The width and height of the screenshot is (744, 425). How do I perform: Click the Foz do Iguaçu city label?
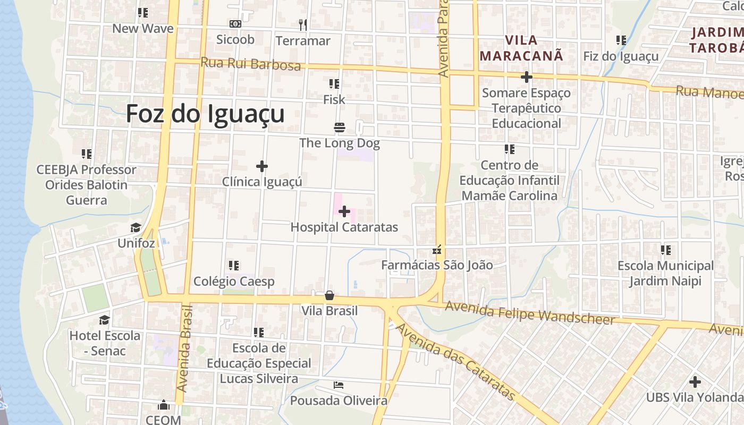pyautogui.click(x=205, y=114)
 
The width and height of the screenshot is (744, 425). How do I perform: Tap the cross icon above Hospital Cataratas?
pyautogui.click(x=344, y=212)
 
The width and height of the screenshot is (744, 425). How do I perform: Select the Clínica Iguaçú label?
pyautogui.click(x=262, y=182)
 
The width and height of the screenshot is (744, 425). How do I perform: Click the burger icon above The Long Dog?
pyautogui.click(x=340, y=127)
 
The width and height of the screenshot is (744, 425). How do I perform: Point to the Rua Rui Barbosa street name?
pyautogui.click(x=250, y=64)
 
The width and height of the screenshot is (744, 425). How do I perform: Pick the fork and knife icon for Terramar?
pyautogui.click(x=303, y=24)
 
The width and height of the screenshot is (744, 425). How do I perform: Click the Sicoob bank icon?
pyautogui.click(x=235, y=24)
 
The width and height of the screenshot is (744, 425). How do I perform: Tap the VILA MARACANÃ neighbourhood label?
pyautogui.click(x=521, y=48)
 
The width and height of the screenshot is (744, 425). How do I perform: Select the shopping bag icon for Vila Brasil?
pyautogui.click(x=329, y=295)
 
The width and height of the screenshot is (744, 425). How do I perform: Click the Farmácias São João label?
pyautogui.click(x=437, y=265)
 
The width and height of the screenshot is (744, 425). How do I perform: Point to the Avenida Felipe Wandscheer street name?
pyautogui.click(x=530, y=313)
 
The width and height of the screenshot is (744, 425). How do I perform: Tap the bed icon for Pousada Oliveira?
pyautogui.click(x=339, y=385)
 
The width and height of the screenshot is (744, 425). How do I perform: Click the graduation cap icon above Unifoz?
pyautogui.click(x=136, y=228)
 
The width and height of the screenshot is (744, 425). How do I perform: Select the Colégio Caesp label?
pyautogui.click(x=234, y=282)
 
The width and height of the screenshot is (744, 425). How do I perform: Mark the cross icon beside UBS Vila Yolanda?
pyautogui.click(x=695, y=381)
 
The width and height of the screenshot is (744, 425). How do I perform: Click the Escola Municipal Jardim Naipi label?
pyautogui.click(x=665, y=273)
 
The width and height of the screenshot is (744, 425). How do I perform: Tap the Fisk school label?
pyautogui.click(x=334, y=99)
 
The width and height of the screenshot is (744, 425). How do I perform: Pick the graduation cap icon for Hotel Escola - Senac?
pyautogui.click(x=105, y=320)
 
